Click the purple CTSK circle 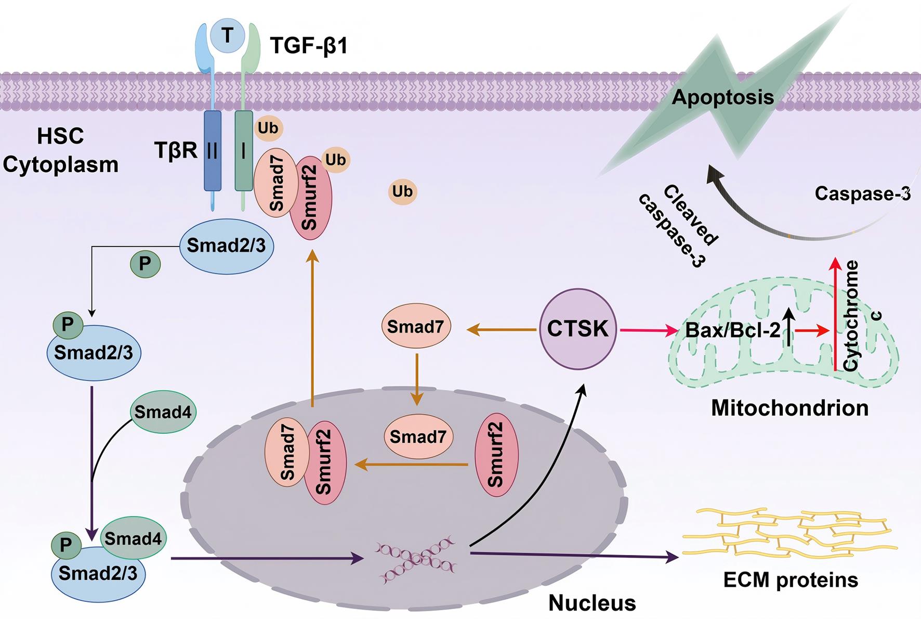[x=577, y=329]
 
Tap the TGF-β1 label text [x=309, y=46]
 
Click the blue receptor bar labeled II [x=213, y=151]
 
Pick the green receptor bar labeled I [x=243, y=151]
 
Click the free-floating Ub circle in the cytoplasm [x=402, y=191]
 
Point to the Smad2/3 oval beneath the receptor [x=226, y=245]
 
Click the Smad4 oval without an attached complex [x=163, y=412]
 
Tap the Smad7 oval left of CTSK [x=416, y=327]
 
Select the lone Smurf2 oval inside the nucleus [x=496, y=454]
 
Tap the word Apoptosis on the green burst [x=722, y=97]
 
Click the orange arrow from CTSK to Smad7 [x=502, y=329]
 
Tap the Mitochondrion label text [x=790, y=408]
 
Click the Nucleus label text [x=592, y=603]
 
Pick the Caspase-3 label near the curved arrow [x=862, y=194]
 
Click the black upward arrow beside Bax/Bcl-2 [x=788, y=327]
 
